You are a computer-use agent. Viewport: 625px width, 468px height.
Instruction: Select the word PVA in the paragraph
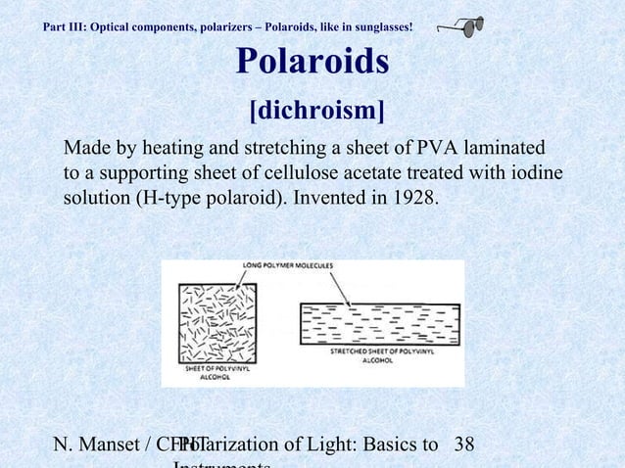pyautogui.click(x=437, y=150)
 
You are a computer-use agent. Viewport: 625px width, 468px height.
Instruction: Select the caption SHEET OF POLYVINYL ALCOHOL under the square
pyautogui.click(x=215, y=372)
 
